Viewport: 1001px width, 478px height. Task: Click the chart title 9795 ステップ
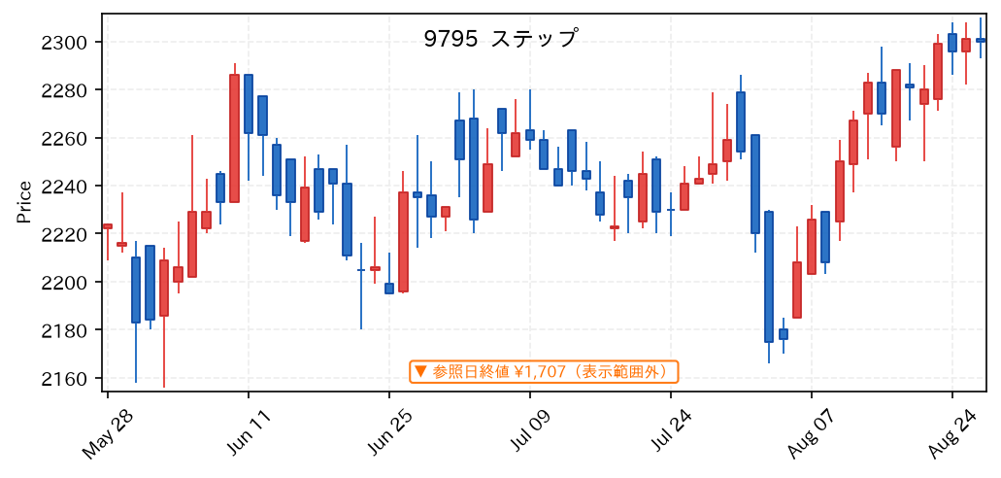(x=501, y=38)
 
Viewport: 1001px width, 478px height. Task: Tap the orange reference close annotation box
(x=545, y=371)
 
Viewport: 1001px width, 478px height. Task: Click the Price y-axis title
(x=24, y=202)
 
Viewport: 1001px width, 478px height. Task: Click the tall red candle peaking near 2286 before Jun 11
(x=234, y=138)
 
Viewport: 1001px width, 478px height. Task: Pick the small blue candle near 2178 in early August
(x=784, y=334)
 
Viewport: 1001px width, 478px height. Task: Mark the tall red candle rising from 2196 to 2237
(x=403, y=242)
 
